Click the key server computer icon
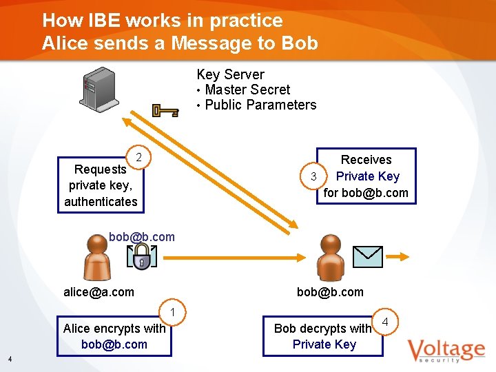coord(98,90)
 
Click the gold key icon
coord(165,110)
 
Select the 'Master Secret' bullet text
coord(247,90)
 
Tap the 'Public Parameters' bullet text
coord(260,105)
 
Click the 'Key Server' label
coord(230,74)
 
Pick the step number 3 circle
coord(313,176)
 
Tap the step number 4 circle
coord(385,322)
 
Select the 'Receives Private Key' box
coord(366,176)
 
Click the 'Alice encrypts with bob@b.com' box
coord(114,336)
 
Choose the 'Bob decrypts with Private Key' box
coord(322,336)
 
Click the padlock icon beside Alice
coord(141,257)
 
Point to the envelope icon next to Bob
coord(367,256)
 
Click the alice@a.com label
coord(99,292)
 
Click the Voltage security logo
coord(445,350)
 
